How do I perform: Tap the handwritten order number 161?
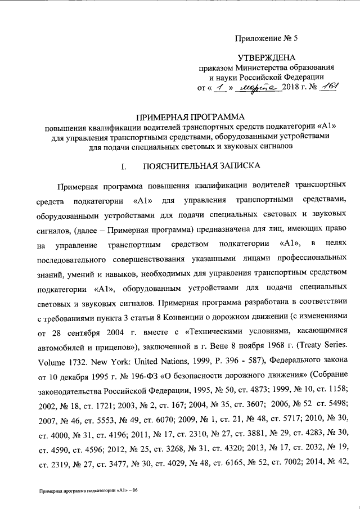[x=332, y=87]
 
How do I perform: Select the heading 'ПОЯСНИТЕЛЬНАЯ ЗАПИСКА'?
[x=201, y=166]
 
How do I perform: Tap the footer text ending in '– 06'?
[x=88, y=490]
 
